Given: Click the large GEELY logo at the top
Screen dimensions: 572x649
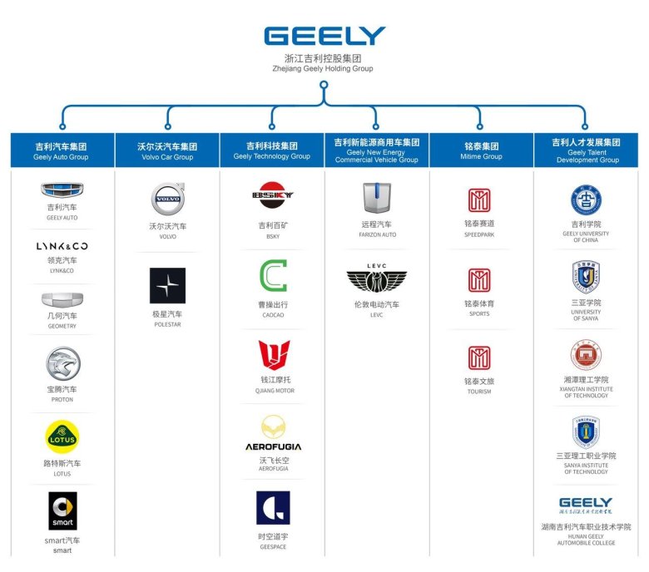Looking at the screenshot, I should tap(324, 36).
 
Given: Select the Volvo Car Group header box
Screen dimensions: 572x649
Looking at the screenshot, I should tap(167, 150).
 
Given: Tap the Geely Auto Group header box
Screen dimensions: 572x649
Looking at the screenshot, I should tap(62, 150).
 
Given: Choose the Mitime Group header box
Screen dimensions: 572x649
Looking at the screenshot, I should tap(480, 150).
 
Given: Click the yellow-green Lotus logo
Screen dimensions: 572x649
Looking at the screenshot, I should tap(62, 437).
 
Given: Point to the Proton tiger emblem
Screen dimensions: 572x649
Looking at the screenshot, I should tap(62, 364).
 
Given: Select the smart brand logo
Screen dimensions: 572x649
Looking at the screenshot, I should tap(62, 510).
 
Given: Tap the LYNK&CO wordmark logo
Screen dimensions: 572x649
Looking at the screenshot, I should tap(62, 246).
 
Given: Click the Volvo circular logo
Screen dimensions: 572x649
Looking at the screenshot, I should tap(167, 200).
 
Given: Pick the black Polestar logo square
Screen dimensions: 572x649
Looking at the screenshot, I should tap(167, 285).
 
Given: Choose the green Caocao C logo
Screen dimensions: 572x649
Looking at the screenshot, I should tap(272, 276).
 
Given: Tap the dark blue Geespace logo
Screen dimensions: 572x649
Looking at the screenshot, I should tap(273, 507).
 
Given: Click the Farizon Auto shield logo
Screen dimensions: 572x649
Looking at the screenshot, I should tap(376, 198).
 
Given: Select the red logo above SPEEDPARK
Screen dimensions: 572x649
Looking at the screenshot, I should tap(479, 200).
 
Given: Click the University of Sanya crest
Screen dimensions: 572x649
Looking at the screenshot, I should tap(586, 277).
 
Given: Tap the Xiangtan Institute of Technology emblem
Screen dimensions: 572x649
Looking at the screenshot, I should tap(586, 355).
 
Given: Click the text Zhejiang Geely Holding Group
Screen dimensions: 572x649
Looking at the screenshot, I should tap(324, 70).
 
